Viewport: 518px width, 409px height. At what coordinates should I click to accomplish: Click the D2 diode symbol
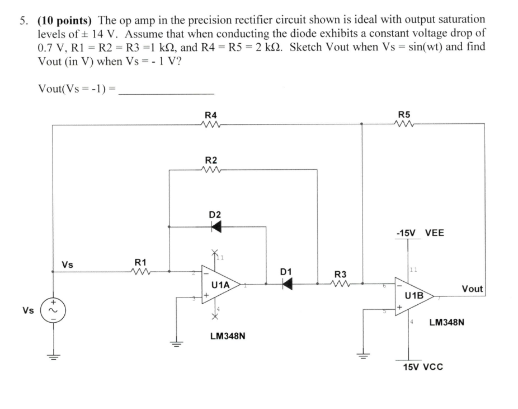coord(215,227)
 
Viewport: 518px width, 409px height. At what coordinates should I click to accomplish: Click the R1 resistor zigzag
coord(140,272)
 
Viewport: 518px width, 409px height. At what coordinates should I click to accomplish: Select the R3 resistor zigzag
coord(341,284)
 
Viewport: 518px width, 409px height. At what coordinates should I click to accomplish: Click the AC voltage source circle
coord(53,310)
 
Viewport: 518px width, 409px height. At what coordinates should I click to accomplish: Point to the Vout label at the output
coord(472,289)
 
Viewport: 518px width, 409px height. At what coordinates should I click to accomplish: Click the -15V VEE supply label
coord(419,233)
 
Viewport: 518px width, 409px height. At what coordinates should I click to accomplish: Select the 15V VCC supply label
coord(423,367)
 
